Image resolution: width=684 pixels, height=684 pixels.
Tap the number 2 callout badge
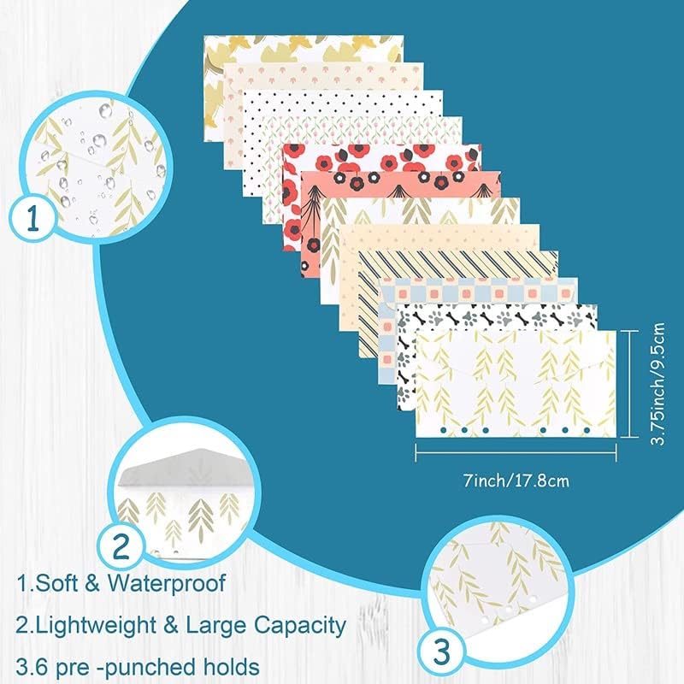(121, 545)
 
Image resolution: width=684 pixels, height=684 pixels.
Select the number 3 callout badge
(441, 652)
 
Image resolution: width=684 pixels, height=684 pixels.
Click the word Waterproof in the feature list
(167, 584)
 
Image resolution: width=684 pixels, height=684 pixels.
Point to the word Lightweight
(96, 626)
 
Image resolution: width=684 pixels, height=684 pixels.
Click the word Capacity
(300, 626)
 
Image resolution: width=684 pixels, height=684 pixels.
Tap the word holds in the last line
(231, 667)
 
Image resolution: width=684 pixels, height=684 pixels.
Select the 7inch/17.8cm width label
(516, 481)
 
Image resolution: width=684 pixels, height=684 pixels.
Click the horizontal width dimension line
(516, 452)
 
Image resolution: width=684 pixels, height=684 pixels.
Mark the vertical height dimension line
(629, 384)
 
